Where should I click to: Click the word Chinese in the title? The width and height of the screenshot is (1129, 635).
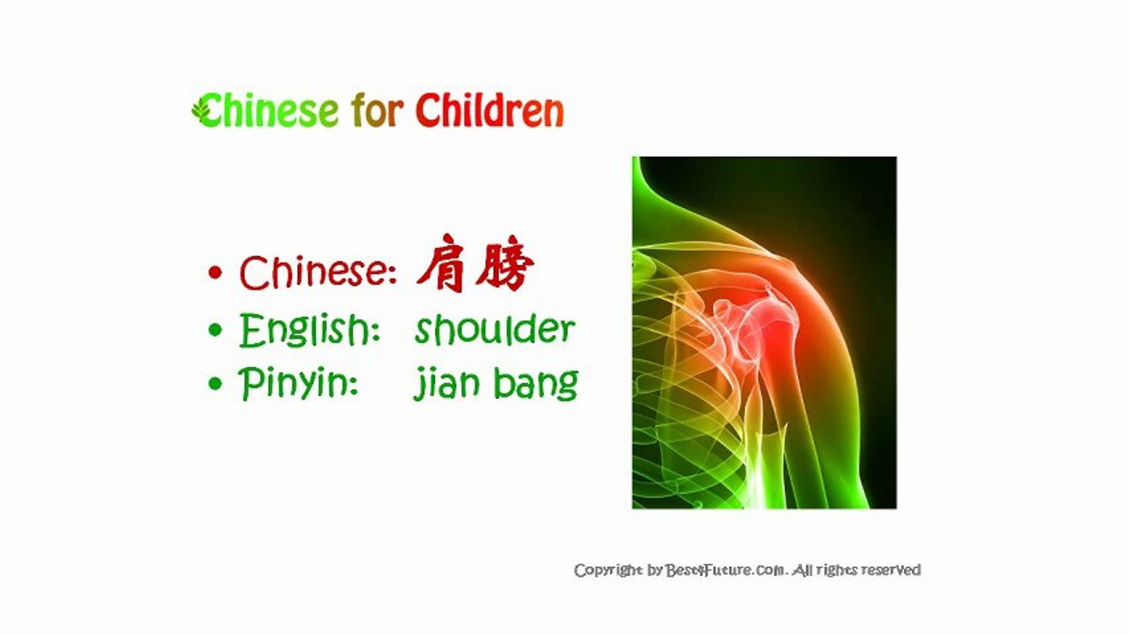tap(269, 111)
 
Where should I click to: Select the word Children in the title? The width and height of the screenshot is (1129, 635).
tap(489, 111)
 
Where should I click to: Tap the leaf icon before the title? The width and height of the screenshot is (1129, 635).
tap(202, 110)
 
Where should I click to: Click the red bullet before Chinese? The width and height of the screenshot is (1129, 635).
tap(215, 273)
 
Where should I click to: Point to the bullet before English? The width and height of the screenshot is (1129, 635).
tap(215, 331)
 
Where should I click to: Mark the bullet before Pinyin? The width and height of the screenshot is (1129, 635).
tap(215, 385)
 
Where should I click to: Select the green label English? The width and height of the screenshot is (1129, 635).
tap(309, 331)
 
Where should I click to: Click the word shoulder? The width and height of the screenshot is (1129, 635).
tap(494, 329)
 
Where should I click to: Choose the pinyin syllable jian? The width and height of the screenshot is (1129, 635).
tap(442, 385)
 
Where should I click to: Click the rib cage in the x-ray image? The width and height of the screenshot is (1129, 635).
tap(684, 397)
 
